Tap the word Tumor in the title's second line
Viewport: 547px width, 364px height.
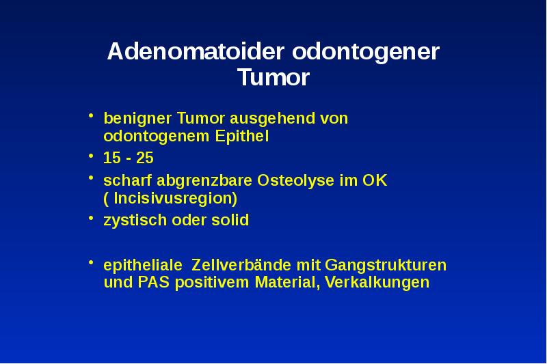(x=273, y=78)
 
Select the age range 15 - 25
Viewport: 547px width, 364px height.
(x=128, y=158)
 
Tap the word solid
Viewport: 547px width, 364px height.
(x=230, y=221)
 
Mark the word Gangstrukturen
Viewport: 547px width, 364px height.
(x=385, y=264)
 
